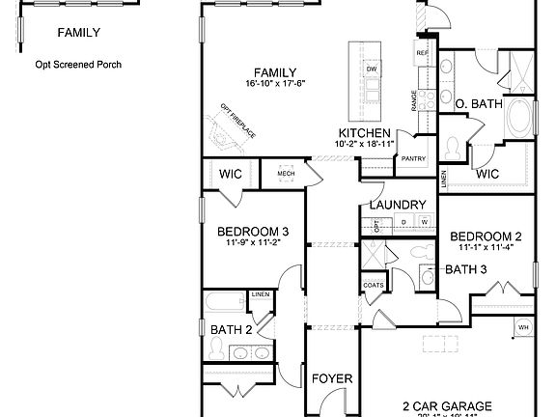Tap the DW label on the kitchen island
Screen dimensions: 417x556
coord(371,69)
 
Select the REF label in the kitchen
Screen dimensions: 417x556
coord(422,53)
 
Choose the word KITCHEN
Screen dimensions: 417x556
coord(364,133)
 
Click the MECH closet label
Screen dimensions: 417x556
coord(286,174)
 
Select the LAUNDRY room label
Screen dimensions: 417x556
coord(398,206)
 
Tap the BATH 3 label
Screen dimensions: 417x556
coord(466,269)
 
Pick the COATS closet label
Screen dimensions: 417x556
coord(374,286)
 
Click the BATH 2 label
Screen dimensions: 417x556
coord(232,330)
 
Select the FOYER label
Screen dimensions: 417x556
coord(331,378)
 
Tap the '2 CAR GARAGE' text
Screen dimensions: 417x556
coord(447,405)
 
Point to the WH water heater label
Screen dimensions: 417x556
coord(523,327)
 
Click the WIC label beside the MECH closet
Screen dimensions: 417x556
coord(230,174)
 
